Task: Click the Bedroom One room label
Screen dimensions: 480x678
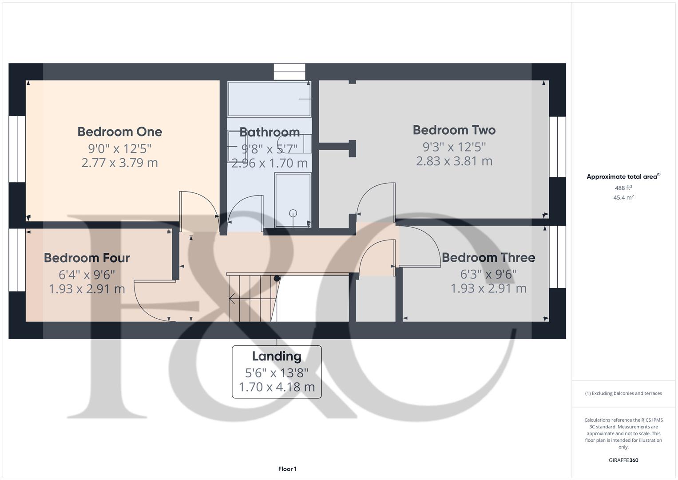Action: (x=120, y=132)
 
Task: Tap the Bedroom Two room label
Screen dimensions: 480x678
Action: (x=454, y=130)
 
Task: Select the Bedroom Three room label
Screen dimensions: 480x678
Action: (x=488, y=257)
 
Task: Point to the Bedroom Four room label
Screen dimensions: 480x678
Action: (x=87, y=258)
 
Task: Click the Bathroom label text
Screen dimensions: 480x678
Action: (x=270, y=132)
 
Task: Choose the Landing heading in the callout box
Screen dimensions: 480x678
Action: (x=277, y=356)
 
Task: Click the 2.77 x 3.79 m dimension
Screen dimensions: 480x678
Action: (x=120, y=163)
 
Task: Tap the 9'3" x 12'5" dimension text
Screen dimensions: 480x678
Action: (x=454, y=146)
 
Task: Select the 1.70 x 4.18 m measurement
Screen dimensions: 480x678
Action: (x=277, y=387)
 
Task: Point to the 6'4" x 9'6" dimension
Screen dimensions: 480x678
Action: (x=87, y=274)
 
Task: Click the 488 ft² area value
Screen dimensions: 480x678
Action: (x=623, y=188)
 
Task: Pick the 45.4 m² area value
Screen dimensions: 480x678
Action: (x=623, y=198)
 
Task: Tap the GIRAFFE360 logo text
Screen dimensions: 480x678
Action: (x=623, y=460)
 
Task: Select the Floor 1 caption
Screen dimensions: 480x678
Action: (x=287, y=469)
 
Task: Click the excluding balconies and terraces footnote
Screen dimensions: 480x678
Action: (x=623, y=393)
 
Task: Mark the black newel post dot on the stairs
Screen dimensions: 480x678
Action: (x=277, y=279)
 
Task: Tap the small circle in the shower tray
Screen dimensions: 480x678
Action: (x=293, y=213)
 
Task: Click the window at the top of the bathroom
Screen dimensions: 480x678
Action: (x=289, y=72)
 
